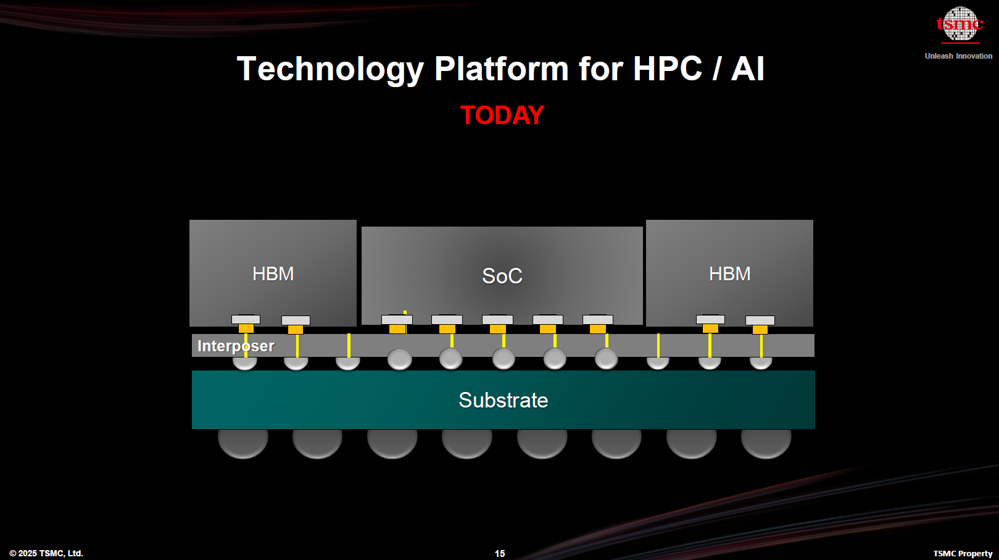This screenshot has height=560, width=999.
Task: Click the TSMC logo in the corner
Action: pos(960,25)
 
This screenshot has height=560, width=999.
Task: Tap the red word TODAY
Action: pos(502,115)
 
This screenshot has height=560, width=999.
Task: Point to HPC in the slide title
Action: pos(667,69)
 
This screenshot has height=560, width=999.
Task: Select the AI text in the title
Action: pos(747,69)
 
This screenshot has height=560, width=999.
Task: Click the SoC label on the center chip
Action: pos(502,276)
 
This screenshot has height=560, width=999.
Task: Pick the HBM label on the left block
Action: pos(273,274)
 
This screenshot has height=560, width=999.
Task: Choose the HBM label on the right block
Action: pos(729,274)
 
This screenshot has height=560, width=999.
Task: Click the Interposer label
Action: pos(236,346)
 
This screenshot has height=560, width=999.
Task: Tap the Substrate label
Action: pos(503,400)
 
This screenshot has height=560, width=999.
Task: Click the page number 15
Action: pos(500,553)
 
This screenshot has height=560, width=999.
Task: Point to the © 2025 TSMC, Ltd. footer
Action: pos(46,553)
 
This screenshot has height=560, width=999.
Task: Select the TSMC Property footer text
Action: pos(963,553)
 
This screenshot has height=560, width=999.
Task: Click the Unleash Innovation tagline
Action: pos(958,56)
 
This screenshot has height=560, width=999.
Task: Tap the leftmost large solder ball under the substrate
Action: pos(243,442)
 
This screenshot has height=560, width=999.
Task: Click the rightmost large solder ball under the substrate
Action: pos(766,442)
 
